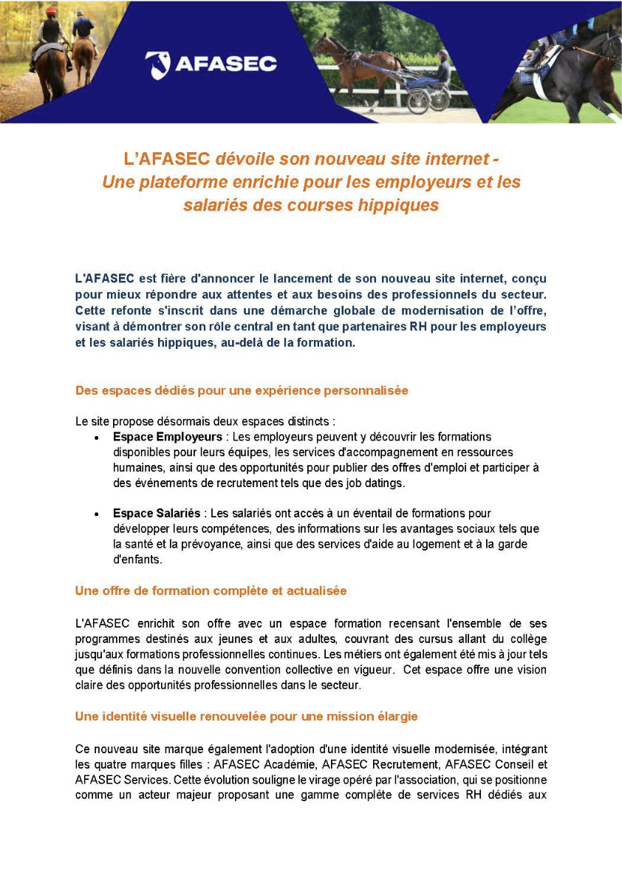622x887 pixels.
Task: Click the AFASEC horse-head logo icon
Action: click(x=157, y=64)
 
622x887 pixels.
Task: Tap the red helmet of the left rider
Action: click(x=51, y=13)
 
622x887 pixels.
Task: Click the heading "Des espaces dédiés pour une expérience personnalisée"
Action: click(x=242, y=390)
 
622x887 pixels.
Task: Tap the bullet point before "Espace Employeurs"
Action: click(x=97, y=438)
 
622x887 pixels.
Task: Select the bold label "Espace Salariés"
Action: click(x=156, y=513)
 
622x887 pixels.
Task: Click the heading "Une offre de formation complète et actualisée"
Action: click(x=211, y=591)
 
